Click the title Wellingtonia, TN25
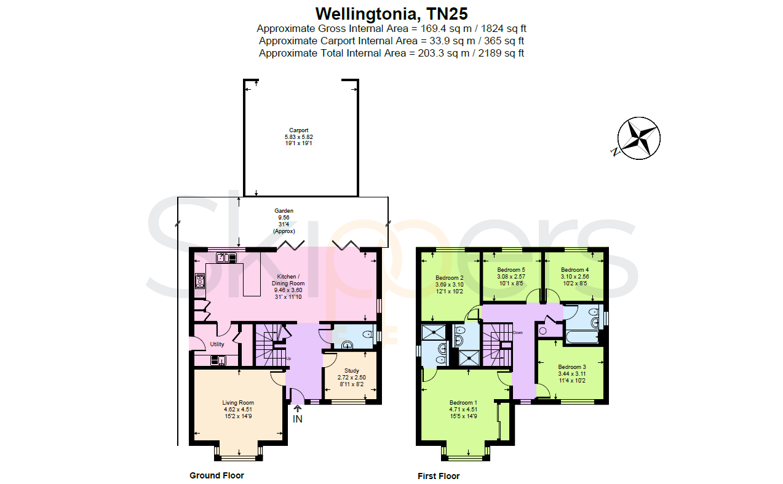point(391,14)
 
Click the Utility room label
point(217,344)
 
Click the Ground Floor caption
point(217,475)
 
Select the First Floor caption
point(439,476)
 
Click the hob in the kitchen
point(201,281)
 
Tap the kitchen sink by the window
point(226,258)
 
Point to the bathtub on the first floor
point(582,337)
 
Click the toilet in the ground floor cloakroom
point(368,335)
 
